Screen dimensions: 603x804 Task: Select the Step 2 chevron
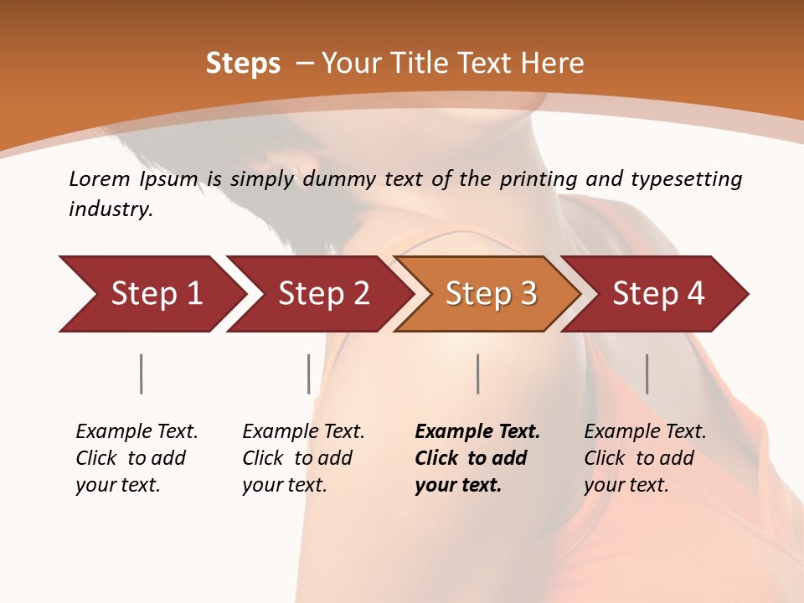tap(322, 294)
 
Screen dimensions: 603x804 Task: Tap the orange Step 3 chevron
tap(490, 294)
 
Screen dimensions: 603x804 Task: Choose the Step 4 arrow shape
tap(657, 294)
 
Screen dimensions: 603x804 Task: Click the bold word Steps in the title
tap(243, 64)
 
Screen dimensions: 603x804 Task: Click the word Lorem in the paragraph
tap(100, 179)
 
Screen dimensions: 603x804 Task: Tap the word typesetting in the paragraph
tap(686, 179)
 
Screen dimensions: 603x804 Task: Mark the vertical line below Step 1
tap(142, 374)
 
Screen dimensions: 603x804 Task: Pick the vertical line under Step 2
tap(309, 374)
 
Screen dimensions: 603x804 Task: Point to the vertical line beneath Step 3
tap(478, 374)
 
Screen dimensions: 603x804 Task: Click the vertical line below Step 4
tap(647, 374)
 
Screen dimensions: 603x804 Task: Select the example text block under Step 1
tap(137, 458)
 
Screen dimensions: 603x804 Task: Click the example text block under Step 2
tap(303, 458)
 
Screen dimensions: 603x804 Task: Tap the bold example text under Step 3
tap(477, 458)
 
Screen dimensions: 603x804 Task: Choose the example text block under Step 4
tap(645, 458)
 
